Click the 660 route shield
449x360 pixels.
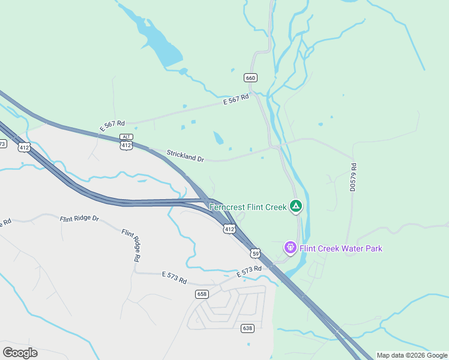pyautogui.click(x=251, y=77)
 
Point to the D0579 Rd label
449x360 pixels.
pyautogui.click(x=354, y=177)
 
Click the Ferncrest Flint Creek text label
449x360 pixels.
pyautogui.click(x=248, y=207)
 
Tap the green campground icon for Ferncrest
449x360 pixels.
pyautogui.click(x=295, y=207)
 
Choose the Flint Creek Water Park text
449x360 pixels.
pyautogui.click(x=340, y=248)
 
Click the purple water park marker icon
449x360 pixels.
pyautogui.click(x=291, y=247)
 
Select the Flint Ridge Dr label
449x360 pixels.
pyautogui.click(x=79, y=219)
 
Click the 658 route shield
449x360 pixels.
pyautogui.click(x=202, y=294)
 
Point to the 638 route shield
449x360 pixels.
pyautogui.click(x=247, y=328)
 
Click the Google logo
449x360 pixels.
pyautogui.click(x=20, y=353)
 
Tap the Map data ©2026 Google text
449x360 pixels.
pyautogui.click(x=412, y=355)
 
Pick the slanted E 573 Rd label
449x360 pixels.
pyautogui.click(x=250, y=271)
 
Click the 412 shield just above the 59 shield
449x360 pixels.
pyautogui.click(x=229, y=229)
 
